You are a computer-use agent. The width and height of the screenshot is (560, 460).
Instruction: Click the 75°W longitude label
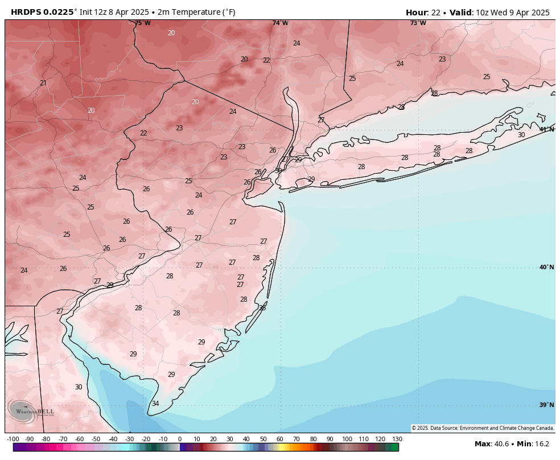(x=143, y=23)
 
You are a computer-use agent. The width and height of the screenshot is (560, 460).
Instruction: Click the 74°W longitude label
(x=280, y=23)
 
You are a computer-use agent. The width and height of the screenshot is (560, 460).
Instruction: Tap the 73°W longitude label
(x=418, y=23)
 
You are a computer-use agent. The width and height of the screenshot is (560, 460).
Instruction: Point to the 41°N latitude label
(x=546, y=129)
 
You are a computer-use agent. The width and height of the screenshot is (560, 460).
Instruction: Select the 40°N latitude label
(x=546, y=267)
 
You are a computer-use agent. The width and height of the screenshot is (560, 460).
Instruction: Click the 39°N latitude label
(x=546, y=405)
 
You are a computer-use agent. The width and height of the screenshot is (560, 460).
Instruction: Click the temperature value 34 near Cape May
(x=155, y=404)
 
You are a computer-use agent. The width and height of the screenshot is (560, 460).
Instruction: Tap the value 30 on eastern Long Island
(x=521, y=135)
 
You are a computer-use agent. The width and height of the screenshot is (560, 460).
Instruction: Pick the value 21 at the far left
(x=43, y=83)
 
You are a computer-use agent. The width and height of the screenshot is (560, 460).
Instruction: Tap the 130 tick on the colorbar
(x=397, y=439)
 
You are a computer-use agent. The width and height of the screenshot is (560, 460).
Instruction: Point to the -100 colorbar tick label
(x=13, y=439)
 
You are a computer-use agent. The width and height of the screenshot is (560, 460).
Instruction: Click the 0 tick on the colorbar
(x=180, y=439)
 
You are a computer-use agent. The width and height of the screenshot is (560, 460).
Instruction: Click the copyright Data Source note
(x=483, y=428)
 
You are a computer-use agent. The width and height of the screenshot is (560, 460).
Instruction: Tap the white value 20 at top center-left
(x=171, y=33)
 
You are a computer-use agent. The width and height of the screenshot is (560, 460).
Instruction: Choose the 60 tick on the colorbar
(x=280, y=439)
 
